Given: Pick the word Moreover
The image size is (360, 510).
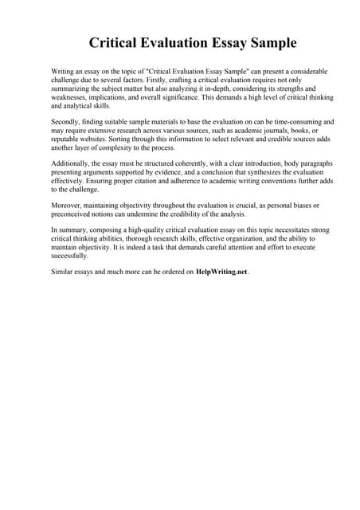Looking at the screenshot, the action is click(x=70, y=206).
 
